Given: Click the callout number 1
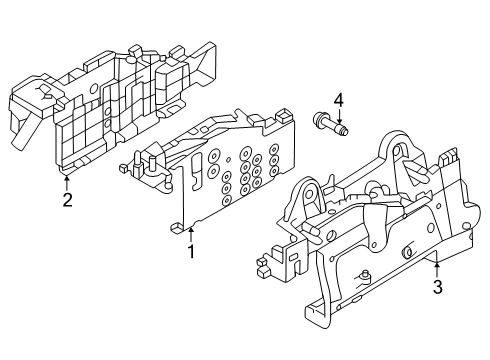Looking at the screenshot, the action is [x=191, y=252].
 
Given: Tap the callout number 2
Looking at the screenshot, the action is [x=67, y=200].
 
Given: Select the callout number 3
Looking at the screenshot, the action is [x=437, y=287].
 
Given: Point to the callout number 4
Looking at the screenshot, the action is [x=339, y=100].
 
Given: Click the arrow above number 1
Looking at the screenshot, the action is [x=191, y=235].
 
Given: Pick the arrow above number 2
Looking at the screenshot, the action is [x=67, y=183].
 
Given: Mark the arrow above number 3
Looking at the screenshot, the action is [x=437, y=270].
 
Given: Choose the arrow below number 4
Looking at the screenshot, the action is [x=339, y=117].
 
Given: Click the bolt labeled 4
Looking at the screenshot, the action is [x=330, y=124].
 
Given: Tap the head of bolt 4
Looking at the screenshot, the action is [x=318, y=118].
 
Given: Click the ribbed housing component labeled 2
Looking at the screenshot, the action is [x=110, y=107].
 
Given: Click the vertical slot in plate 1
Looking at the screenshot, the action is [x=197, y=170].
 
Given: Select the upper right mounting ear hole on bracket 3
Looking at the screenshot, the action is [x=396, y=151].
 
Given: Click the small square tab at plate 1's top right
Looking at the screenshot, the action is [x=282, y=116].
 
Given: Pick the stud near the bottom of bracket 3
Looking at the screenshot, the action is [x=365, y=275].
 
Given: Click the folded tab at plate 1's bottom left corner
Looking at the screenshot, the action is [x=178, y=228].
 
